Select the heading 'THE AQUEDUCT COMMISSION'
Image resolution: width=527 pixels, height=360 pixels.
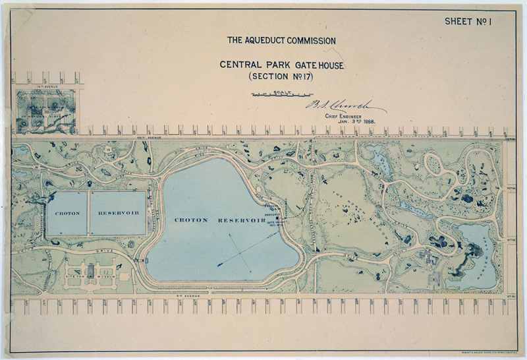tap(281, 40)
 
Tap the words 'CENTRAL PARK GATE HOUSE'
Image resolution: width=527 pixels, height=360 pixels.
tap(281, 65)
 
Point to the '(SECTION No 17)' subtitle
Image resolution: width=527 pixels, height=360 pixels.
tap(281, 76)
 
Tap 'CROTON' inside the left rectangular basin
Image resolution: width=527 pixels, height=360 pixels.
tap(67, 214)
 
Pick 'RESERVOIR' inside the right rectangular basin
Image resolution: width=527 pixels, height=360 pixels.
tap(118, 214)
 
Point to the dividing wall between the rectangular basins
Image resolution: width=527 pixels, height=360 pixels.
tap(88, 214)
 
